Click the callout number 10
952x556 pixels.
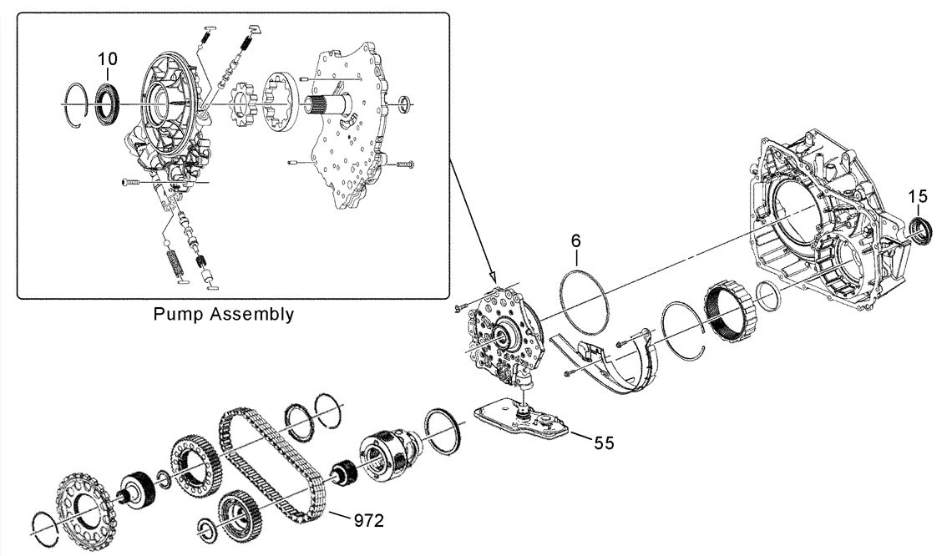[108, 59]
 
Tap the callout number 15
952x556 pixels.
[918, 196]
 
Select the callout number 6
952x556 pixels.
[575, 240]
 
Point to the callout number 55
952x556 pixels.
[604, 443]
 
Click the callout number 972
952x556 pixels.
[369, 520]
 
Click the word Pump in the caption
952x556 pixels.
[177, 315]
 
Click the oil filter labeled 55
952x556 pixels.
[521, 417]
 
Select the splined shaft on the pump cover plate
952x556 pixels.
[328, 108]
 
